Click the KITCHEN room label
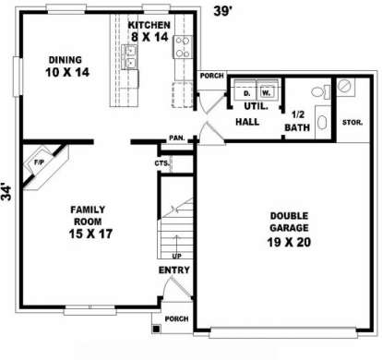click(149, 25)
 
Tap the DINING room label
click(66, 60)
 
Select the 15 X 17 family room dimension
click(90, 234)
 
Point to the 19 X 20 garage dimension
click(289, 242)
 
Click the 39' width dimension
click(222, 11)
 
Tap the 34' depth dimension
click(6, 193)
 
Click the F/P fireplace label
click(39, 162)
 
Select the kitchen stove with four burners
click(183, 47)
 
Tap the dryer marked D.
click(245, 90)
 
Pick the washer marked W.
click(268, 90)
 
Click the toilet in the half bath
click(321, 91)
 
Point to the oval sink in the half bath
click(322, 122)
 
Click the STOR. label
click(352, 123)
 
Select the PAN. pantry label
click(177, 138)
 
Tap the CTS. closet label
click(162, 163)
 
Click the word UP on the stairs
click(176, 256)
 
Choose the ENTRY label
click(174, 270)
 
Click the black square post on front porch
click(156, 329)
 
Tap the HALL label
click(247, 122)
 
